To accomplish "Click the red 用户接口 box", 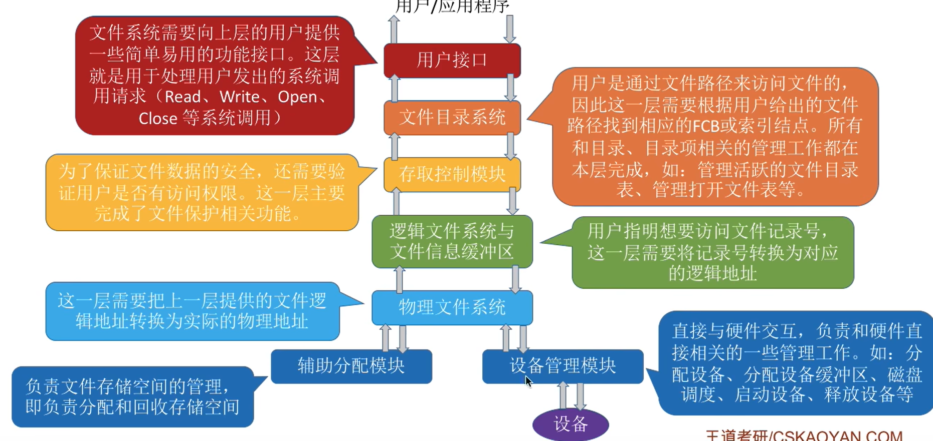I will tap(452, 60).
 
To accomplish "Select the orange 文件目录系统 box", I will tap(452, 118).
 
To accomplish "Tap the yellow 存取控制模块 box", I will tap(452, 174).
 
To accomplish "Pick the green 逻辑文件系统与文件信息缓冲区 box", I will tap(452, 241).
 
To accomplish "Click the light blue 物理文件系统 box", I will tap(452, 307).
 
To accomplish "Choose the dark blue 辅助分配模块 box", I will tap(351, 366).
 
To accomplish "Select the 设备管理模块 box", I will tap(563, 366).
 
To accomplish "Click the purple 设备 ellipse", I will tap(571, 424).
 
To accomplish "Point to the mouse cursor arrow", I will tap(528, 381).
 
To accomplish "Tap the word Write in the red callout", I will tap(240, 97).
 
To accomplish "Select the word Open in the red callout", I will tap(298, 97).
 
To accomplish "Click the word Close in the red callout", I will tap(158, 119).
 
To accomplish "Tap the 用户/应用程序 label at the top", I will tap(452, 7).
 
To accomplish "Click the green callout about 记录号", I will tap(712, 252).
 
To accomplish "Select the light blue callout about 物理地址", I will tap(192, 311).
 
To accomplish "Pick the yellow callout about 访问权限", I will tap(202, 193).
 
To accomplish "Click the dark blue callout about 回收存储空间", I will tap(132, 396).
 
